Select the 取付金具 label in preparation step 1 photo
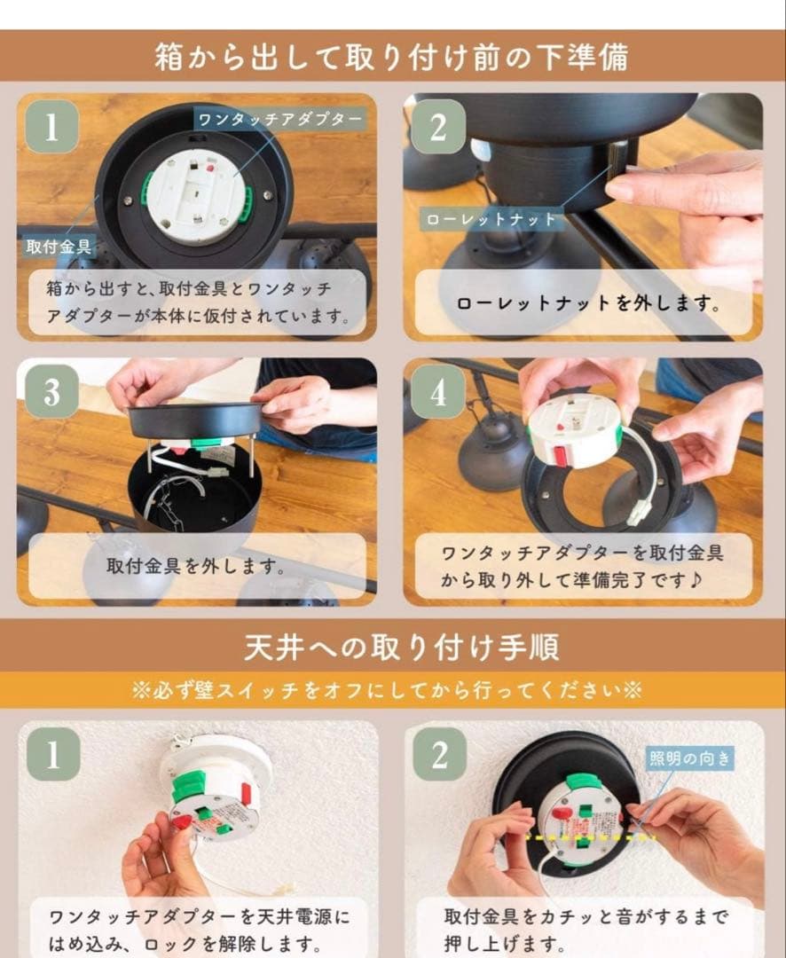(58, 245)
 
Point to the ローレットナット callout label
(491, 218)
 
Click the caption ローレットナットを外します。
(587, 302)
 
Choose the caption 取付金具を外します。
(197, 565)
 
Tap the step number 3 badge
(51, 391)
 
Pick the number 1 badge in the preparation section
(51, 127)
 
